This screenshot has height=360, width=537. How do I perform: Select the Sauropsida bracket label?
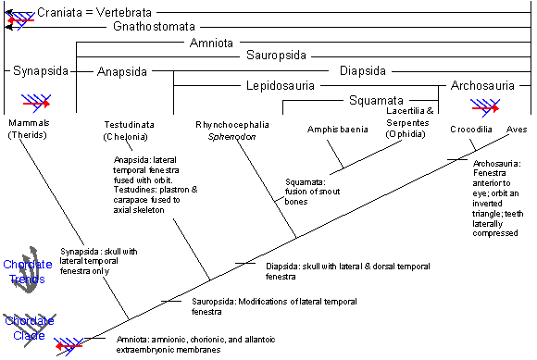click(x=280, y=56)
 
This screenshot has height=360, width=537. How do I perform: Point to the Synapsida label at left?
click(x=36, y=70)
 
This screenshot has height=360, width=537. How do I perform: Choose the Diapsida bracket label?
click(x=356, y=70)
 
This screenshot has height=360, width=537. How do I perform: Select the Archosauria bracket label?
click(x=482, y=86)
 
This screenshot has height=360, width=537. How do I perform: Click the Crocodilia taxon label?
click(x=471, y=129)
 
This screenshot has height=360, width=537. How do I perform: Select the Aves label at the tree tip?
click(x=517, y=130)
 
